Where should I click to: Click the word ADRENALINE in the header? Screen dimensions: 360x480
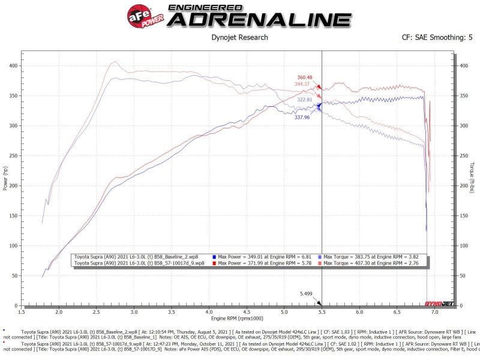259,19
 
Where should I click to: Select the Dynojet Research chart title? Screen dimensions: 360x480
240,37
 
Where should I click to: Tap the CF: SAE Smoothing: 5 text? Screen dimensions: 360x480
437,37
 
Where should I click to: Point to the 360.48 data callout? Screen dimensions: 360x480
305,77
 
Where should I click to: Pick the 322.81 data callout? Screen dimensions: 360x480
305,100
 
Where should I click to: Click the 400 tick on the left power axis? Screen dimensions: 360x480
12,65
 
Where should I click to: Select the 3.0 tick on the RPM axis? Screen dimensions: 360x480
134,312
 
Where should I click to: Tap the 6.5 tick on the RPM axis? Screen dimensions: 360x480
397,312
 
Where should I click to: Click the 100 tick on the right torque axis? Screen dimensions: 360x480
463,246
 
